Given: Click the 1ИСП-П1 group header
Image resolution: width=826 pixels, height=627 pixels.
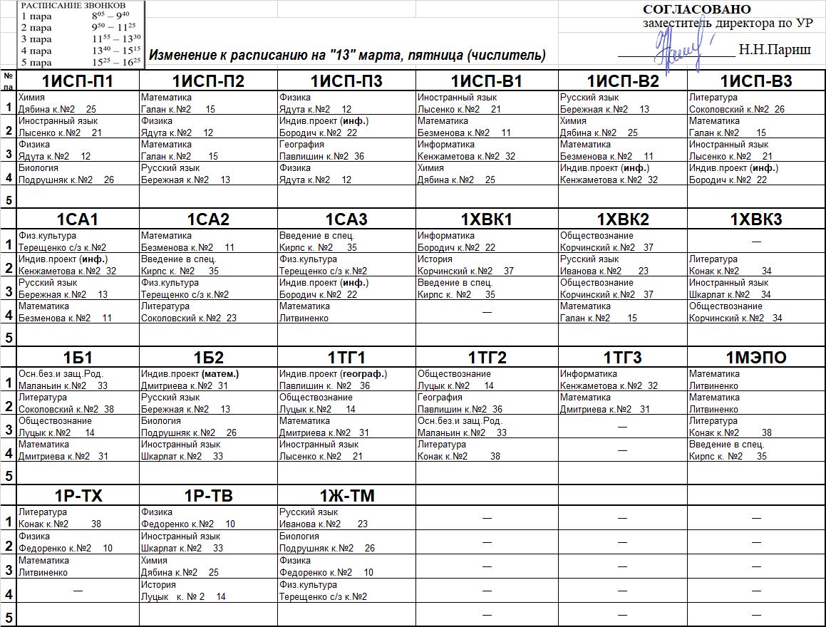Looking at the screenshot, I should point(78,81).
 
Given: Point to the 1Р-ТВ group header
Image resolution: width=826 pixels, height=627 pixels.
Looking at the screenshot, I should point(208,496).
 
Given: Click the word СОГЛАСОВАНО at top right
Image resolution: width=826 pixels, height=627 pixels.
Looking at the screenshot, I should point(696,9).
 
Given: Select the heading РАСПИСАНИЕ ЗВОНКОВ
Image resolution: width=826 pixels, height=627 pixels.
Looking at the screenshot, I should point(73,4).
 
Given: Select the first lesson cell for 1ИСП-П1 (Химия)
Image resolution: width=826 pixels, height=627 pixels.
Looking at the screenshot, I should point(78,103).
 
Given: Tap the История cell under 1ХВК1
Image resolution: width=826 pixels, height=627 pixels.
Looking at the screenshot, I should point(486,265).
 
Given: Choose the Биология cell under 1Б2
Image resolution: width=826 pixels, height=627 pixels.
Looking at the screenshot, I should point(208,427).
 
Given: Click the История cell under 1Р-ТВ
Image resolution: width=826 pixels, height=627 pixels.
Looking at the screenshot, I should point(208,591).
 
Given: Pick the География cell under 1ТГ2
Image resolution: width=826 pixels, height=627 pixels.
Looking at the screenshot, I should point(486,403).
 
